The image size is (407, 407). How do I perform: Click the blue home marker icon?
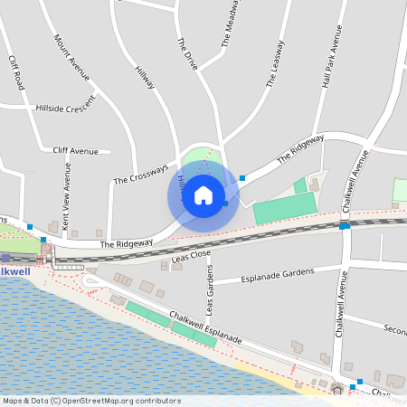(x=203, y=194)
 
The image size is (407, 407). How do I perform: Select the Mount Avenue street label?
(x=72, y=57)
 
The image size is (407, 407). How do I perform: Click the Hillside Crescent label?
(x=64, y=106)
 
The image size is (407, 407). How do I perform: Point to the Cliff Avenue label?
(x=75, y=150)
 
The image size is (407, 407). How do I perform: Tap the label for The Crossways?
(x=140, y=175)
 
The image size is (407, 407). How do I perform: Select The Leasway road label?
(x=275, y=63)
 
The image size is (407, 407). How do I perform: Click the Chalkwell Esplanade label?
(x=204, y=327)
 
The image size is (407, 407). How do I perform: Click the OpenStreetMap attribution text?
(x=91, y=400)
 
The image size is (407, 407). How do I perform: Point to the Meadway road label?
(x=231, y=23)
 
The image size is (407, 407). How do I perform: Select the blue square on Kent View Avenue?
(x=43, y=239)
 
